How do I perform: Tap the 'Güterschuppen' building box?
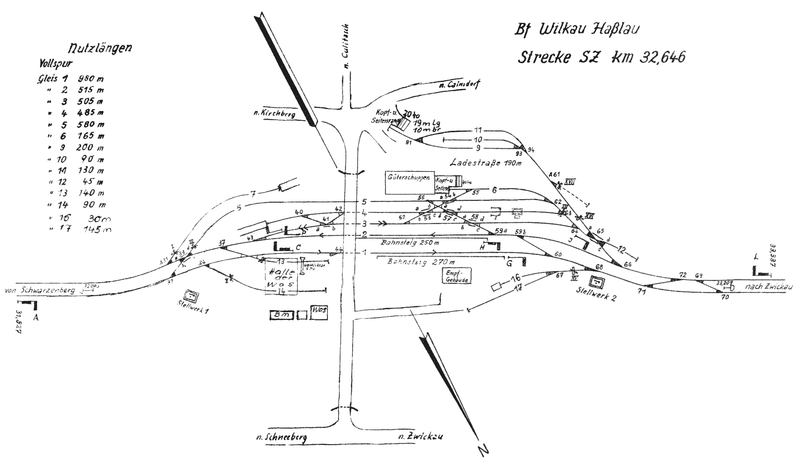coord(409,182)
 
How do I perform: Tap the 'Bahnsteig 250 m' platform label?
coord(410,243)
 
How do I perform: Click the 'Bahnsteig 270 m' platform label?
coord(421,262)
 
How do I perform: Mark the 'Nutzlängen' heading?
coord(100,48)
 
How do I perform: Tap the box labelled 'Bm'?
coord(282,315)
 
